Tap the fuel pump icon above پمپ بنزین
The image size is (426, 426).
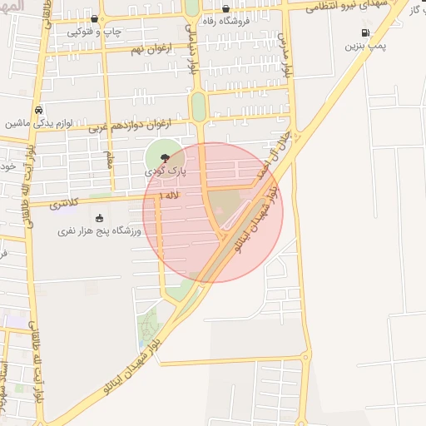pyautogui.click(x=364, y=32)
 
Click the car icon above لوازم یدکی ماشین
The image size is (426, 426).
pyautogui.click(x=38, y=109)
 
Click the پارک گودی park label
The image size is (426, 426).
pyautogui.click(x=166, y=170)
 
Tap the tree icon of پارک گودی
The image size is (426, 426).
pyautogui.click(x=166, y=156)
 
